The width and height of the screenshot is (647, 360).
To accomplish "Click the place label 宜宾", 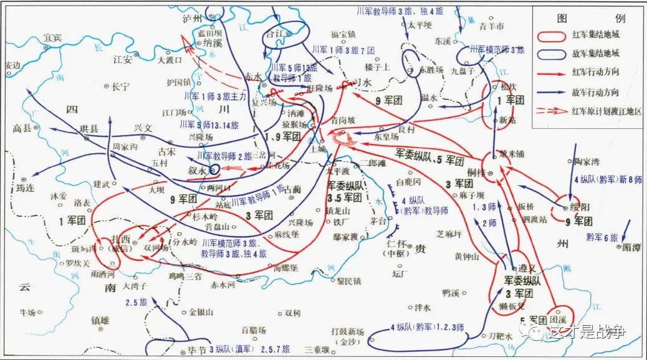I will (53, 38).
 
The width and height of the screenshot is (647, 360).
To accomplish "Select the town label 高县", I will (21, 128).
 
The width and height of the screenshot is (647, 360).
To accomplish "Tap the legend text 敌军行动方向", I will (599, 92).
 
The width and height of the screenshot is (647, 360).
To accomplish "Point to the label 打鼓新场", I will (347, 331).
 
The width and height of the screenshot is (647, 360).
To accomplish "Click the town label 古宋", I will (166, 151).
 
